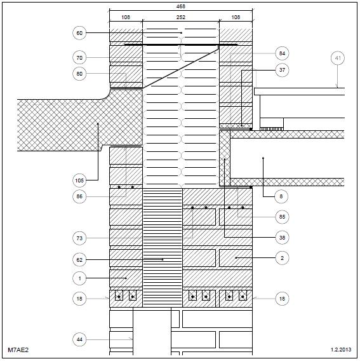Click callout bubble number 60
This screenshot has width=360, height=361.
79,33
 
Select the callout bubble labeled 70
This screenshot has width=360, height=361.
79,58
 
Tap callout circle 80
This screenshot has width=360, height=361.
79,74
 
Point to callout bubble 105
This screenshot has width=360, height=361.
79,180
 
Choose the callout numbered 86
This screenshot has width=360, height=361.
79,196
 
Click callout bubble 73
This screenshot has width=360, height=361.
79,238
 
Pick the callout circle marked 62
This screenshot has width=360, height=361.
79,260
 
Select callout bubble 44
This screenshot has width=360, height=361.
79,339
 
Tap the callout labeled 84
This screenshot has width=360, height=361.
282,53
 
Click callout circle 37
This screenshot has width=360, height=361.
282,70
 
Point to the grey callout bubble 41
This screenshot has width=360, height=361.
338,58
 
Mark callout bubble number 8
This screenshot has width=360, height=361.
281,196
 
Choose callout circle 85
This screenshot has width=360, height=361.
282,217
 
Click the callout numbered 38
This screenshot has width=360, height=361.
282,238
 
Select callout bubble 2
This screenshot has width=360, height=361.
282,258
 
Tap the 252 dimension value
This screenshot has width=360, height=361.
181,17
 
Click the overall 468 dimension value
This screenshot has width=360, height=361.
181,6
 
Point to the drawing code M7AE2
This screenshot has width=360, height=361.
18,350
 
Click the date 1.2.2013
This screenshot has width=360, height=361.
341,350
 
